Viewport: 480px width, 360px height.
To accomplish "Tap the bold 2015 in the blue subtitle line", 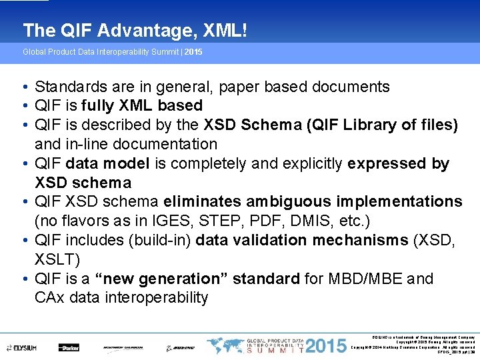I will coord(193,51).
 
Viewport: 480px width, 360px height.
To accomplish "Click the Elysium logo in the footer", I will coord(24,347).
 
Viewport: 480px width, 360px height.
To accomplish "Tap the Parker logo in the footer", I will coord(69,347).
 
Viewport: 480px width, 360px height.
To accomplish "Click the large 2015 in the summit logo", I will coord(327,346).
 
